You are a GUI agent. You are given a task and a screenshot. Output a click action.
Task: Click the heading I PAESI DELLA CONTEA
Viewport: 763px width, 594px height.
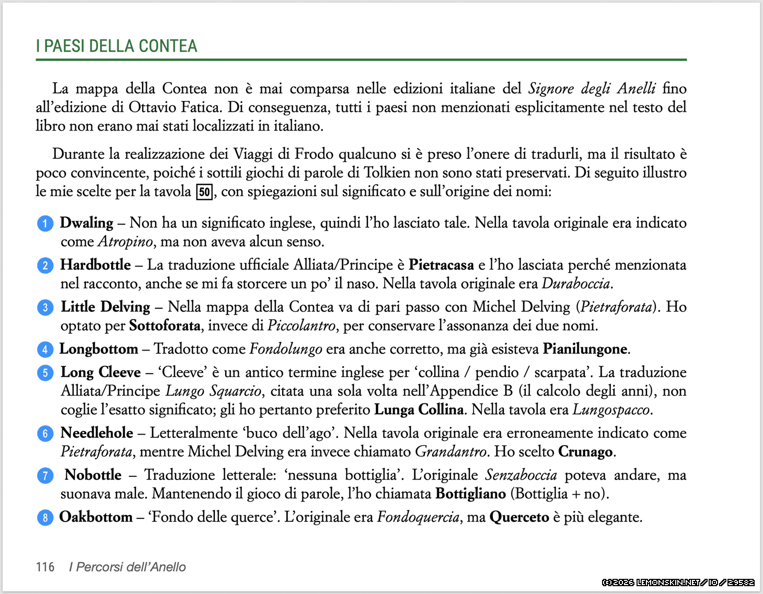(117, 46)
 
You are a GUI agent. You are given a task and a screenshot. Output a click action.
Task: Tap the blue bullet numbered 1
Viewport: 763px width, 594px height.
(45, 224)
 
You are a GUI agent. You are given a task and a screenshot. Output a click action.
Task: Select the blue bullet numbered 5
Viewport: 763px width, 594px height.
(45, 373)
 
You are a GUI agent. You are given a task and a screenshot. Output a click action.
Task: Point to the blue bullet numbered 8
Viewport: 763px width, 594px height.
(45, 518)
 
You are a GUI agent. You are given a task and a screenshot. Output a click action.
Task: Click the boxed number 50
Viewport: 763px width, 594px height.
(204, 192)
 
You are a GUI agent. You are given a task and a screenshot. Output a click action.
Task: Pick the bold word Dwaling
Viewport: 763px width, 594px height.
(86, 223)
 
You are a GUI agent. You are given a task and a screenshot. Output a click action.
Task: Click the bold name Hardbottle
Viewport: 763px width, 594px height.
(96, 265)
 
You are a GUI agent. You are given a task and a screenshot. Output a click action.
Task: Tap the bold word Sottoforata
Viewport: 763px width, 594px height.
(165, 326)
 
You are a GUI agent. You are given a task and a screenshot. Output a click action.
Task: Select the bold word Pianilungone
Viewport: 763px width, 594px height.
(585, 349)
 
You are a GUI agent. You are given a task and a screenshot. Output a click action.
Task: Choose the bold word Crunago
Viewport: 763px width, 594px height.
(585, 452)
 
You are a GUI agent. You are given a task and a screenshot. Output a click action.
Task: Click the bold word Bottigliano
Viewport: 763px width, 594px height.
(470, 494)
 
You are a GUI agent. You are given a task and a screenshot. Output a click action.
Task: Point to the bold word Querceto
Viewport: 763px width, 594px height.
(519, 517)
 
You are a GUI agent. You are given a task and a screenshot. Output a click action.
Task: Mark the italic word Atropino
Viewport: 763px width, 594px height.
(125, 242)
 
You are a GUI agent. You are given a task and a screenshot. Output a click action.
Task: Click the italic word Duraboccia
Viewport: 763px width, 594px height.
(575, 284)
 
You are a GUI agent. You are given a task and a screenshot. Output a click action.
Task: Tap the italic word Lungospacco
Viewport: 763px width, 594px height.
(611, 410)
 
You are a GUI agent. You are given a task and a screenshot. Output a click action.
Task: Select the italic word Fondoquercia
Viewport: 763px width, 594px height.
(418, 517)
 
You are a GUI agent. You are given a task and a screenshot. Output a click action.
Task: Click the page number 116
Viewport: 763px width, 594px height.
(45, 567)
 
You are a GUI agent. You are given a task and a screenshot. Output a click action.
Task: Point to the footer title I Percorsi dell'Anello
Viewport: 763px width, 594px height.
(128, 567)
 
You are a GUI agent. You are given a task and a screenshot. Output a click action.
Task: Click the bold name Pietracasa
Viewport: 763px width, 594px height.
(441, 265)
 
